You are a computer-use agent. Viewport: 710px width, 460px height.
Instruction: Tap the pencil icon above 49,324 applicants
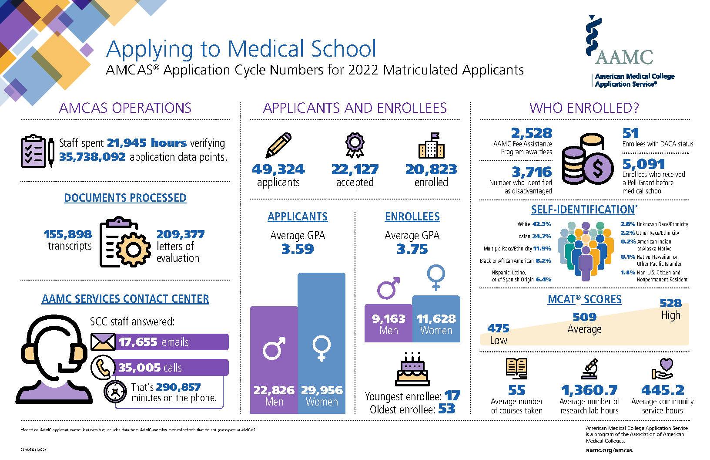[278, 145]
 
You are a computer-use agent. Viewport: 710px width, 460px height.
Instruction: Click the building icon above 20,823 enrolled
[431, 145]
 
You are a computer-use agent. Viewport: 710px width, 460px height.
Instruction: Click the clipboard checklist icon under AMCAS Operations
[33, 152]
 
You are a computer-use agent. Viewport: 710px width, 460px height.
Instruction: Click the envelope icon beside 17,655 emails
[103, 342]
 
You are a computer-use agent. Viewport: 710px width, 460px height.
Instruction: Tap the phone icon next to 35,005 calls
[103, 368]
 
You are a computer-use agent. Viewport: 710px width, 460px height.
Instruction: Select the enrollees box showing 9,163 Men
[388, 323]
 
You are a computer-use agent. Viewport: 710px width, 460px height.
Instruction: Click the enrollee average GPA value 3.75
[412, 250]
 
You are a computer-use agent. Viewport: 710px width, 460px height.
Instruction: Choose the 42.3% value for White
[542, 224]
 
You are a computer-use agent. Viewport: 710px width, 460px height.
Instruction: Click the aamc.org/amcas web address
[609, 450]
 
